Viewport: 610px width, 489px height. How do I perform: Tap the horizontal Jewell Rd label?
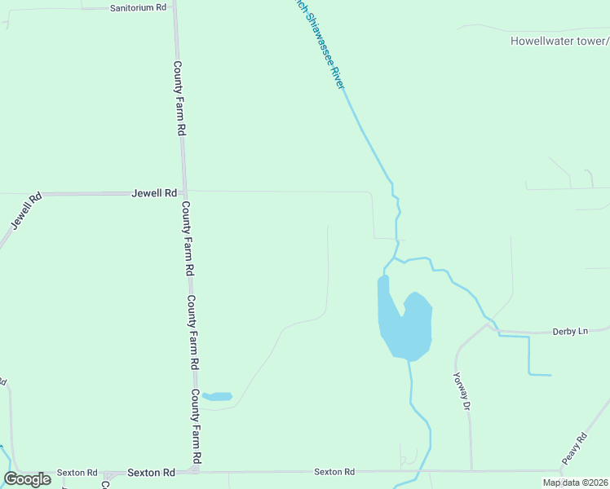pos(154,193)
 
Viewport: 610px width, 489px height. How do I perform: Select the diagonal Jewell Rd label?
pos(26,210)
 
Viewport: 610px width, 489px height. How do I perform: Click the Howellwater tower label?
pos(559,41)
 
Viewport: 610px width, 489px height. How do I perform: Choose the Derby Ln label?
pos(570,331)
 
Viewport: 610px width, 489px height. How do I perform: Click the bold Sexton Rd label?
pos(152,472)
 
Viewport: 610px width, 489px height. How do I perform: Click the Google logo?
pos(27,479)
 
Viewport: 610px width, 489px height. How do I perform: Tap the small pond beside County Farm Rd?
pos(218,397)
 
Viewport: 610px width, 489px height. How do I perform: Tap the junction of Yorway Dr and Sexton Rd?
pos(471,471)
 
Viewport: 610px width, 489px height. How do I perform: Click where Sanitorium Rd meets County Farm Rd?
pos(175,7)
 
